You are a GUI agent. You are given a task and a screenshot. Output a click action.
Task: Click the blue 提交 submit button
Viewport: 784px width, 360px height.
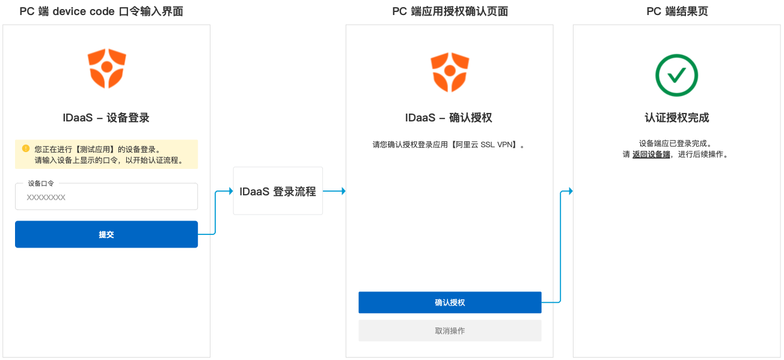click(x=106, y=234)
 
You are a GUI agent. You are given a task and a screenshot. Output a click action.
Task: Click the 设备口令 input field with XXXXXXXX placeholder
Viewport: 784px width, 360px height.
click(x=106, y=197)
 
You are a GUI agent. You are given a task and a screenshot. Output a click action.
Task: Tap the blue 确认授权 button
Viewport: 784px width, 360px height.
click(x=450, y=302)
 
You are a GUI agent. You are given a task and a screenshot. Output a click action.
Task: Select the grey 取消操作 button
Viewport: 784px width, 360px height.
click(x=450, y=331)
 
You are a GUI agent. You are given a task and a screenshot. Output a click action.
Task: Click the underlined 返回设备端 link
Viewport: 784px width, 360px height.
click(x=651, y=154)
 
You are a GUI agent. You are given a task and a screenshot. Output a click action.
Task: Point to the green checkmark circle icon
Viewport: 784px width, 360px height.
click(x=676, y=75)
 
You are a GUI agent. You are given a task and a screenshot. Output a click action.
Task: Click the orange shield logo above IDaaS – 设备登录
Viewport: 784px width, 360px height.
click(x=106, y=69)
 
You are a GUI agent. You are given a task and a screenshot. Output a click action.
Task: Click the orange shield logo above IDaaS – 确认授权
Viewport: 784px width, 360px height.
click(x=450, y=72)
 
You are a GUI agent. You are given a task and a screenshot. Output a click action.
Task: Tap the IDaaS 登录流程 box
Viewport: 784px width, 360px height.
click(x=278, y=191)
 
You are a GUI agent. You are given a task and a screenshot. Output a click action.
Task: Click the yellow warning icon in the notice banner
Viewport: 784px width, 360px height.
click(x=26, y=148)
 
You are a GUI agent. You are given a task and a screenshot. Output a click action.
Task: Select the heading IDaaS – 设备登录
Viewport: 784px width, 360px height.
click(x=106, y=118)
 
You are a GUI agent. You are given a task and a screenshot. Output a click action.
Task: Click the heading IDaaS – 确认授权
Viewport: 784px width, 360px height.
click(x=449, y=118)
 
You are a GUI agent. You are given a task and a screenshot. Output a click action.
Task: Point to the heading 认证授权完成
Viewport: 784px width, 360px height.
click(x=677, y=118)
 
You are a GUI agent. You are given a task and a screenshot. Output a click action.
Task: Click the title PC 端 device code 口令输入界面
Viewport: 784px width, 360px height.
click(x=102, y=11)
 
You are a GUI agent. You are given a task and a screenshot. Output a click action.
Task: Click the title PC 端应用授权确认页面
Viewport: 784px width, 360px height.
click(x=450, y=11)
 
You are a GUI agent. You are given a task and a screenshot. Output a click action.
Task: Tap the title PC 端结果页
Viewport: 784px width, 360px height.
click(x=677, y=11)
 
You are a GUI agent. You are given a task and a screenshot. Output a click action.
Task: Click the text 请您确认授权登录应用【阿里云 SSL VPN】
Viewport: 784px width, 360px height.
click(x=449, y=145)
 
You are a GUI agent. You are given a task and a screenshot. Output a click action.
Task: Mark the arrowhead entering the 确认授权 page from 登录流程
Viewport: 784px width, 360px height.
click(x=343, y=191)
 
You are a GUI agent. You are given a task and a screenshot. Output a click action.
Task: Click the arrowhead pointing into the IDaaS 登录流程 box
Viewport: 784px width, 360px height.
click(x=230, y=191)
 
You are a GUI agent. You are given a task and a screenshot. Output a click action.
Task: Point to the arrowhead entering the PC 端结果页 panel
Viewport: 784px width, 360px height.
click(x=570, y=191)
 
